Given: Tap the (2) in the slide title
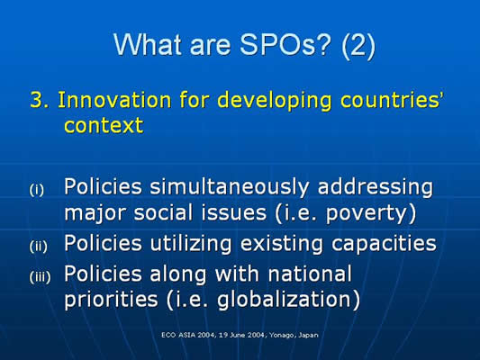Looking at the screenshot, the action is [x=358, y=46].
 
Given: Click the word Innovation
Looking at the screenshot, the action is [x=113, y=100].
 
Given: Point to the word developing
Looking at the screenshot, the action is [x=275, y=101].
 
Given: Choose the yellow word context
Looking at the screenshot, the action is [x=104, y=125].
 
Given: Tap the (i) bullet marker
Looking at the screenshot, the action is [x=36, y=190].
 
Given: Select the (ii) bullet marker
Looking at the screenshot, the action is [x=38, y=246].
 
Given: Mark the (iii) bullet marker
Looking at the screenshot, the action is [x=40, y=277].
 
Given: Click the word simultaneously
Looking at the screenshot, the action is [x=230, y=187].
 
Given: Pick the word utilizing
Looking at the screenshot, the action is [x=190, y=245].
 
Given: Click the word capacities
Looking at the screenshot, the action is [x=384, y=245].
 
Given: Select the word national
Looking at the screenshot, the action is [x=310, y=274].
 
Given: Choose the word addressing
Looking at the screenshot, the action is [x=376, y=188].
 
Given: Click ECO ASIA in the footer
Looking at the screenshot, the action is [x=179, y=335].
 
